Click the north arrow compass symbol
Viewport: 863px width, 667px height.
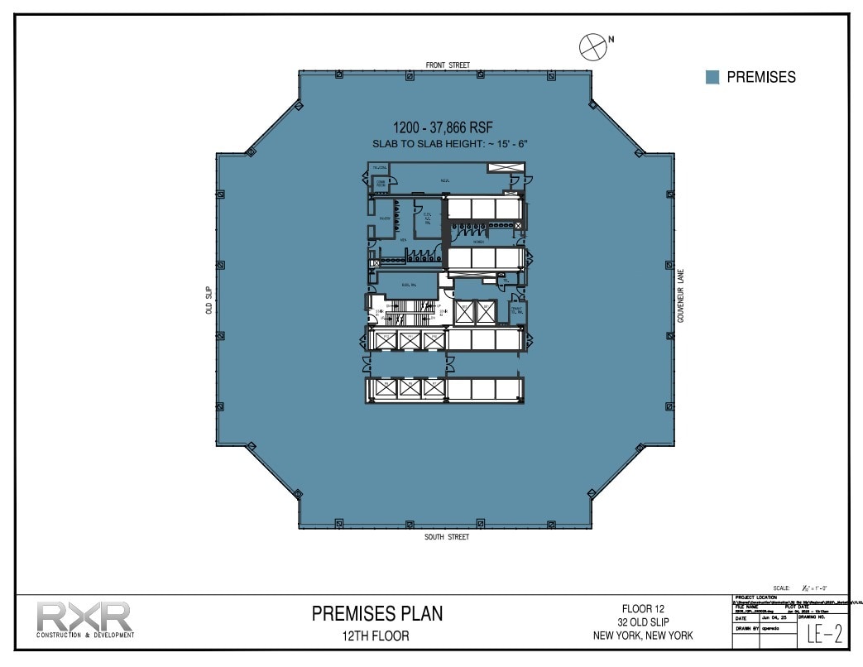(x=593, y=46)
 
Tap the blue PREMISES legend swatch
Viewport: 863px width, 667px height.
(x=712, y=77)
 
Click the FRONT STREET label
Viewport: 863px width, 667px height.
(x=448, y=65)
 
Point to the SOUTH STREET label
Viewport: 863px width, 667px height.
(x=447, y=537)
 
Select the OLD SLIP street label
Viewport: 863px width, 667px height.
(x=209, y=300)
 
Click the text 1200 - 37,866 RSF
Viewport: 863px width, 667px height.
(x=448, y=127)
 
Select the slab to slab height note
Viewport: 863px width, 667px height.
(x=449, y=144)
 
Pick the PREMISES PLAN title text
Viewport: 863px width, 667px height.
(x=376, y=613)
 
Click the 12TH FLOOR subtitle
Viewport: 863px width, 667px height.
(x=376, y=636)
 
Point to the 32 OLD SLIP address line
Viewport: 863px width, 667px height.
(x=643, y=621)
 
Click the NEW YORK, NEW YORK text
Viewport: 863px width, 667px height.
(x=643, y=635)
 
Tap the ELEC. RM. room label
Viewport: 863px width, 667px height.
(x=408, y=285)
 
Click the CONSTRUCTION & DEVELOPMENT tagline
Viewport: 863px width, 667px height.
(x=84, y=636)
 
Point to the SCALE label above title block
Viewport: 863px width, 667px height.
(x=781, y=587)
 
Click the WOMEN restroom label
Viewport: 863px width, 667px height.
(x=478, y=242)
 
